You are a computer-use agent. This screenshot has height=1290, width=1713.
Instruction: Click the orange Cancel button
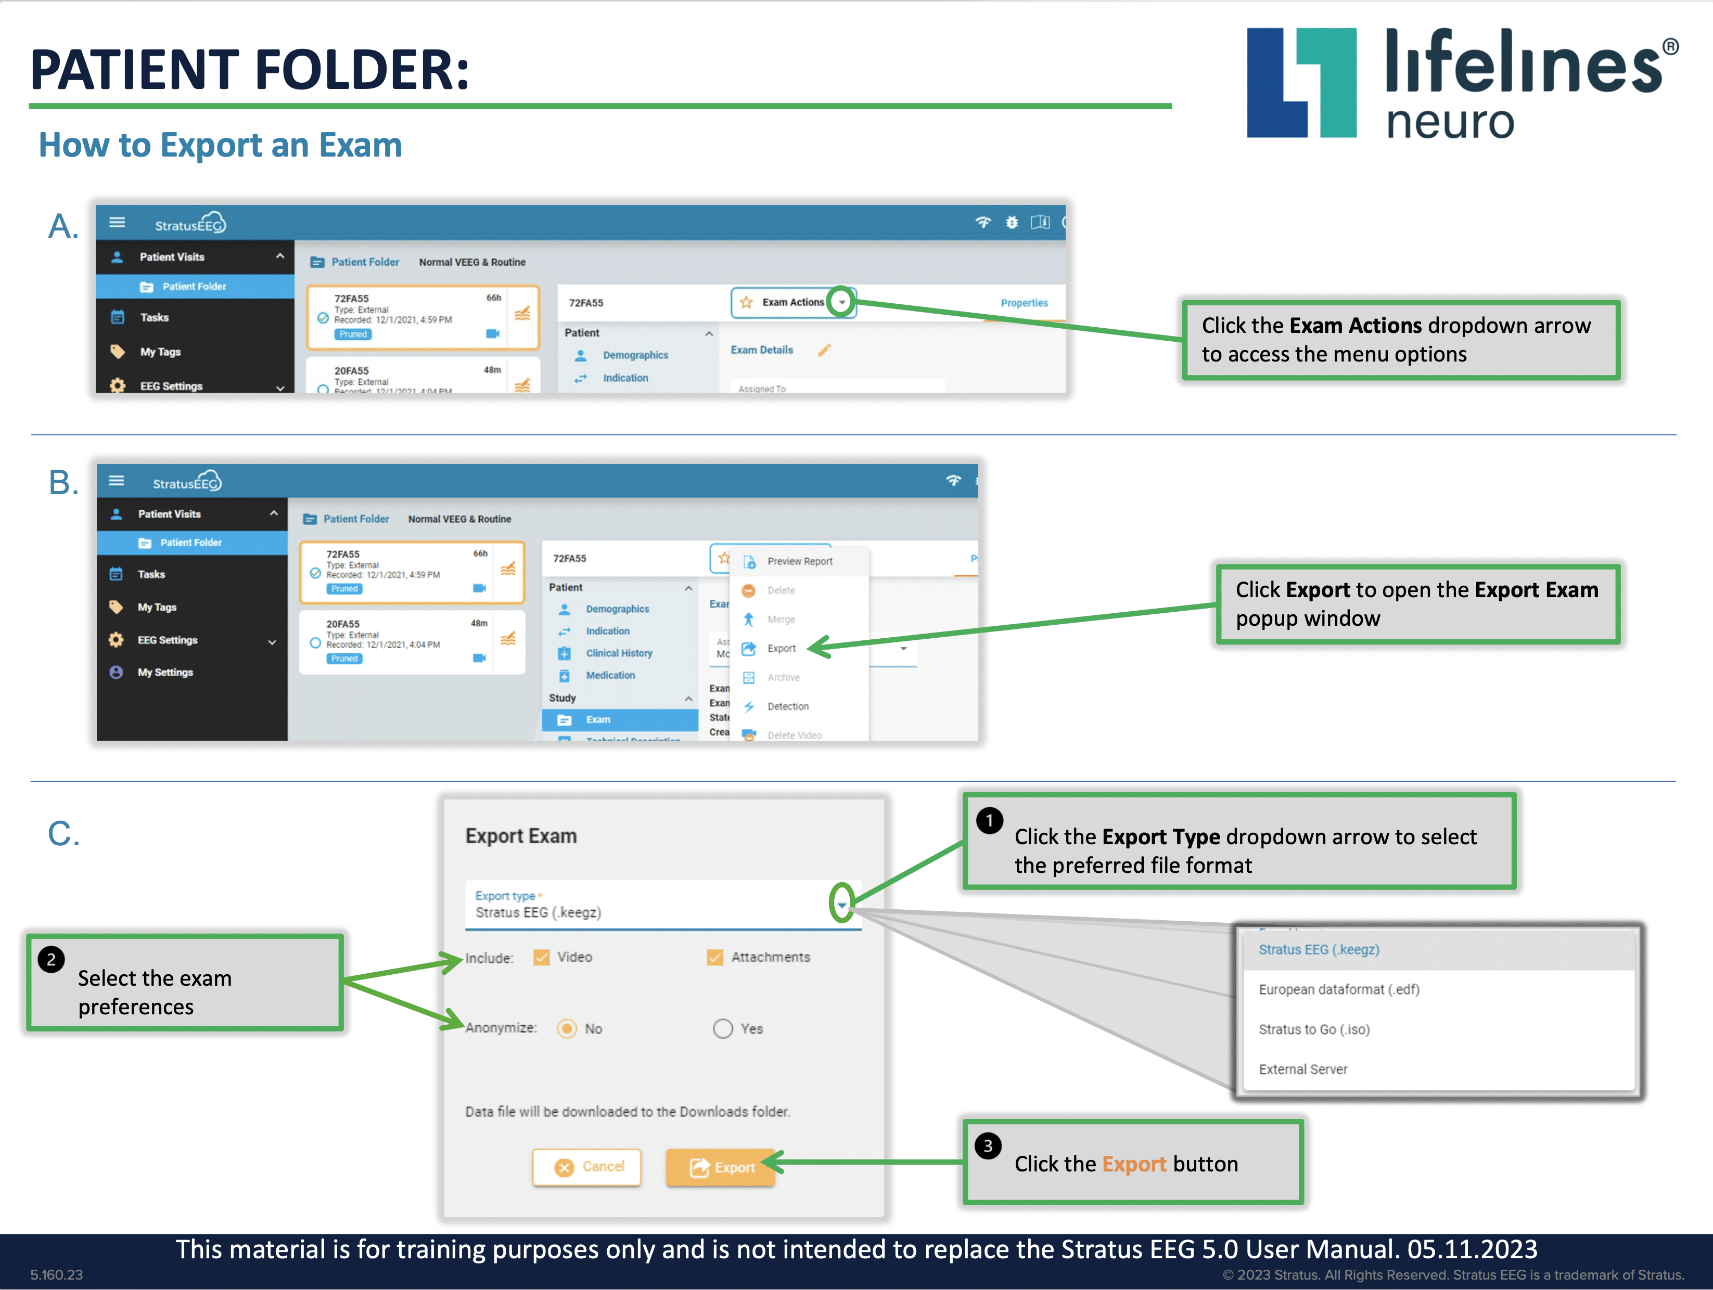point(587,1167)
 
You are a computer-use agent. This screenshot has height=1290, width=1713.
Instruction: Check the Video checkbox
point(541,958)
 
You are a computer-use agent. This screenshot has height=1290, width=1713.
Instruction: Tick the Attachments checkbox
point(715,958)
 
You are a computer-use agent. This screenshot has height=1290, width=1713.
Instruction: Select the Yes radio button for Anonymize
point(723,1028)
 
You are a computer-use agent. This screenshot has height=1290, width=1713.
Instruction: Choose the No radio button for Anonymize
point(567,1028)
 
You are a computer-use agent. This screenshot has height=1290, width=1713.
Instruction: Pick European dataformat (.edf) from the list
point(1338,989)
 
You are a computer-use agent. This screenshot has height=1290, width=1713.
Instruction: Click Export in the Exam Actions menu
point(781,649)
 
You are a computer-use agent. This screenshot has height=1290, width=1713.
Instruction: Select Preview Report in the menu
point(799,561)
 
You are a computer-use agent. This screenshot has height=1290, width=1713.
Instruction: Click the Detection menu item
point(788,706)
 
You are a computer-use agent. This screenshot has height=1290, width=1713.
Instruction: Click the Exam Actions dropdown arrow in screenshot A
point(842,302)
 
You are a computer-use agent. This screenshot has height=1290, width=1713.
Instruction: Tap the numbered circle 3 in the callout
point(988,1146)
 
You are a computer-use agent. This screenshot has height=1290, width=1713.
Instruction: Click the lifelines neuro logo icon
point(1301,83)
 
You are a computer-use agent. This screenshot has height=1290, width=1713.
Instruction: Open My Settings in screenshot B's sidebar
point(165,672)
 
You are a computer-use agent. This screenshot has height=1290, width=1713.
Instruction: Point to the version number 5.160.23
point(57,1274)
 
